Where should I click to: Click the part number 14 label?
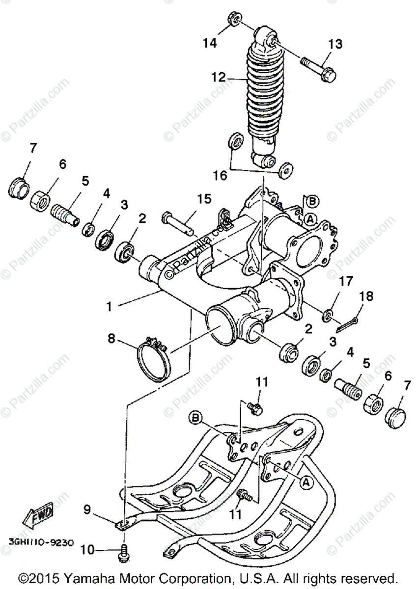(x=210, y=44)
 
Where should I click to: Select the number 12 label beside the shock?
(x=218, y=78)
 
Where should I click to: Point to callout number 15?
(x=204, y=199)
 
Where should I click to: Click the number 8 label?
(x=112, y=338)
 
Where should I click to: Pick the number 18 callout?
(x=366, y=296)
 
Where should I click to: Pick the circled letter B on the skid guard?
(x=196, y=418)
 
